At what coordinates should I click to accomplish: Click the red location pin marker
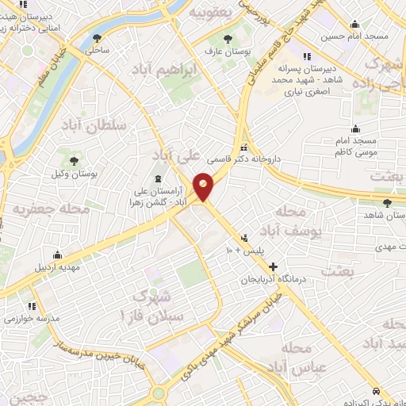[x=205, y=186]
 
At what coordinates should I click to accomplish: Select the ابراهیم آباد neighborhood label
[x=187, y=70]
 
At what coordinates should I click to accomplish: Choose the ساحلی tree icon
[x=98, y=37]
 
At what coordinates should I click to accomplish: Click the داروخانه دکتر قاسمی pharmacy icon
[x=244, y=147]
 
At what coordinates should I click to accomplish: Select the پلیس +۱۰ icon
[x=244, y=236]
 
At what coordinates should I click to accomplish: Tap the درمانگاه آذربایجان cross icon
[x=274, y=267]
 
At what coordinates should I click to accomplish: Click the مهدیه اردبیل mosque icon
[x=58, y=255]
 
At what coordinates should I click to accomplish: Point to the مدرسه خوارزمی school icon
[x=33, y=304]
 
